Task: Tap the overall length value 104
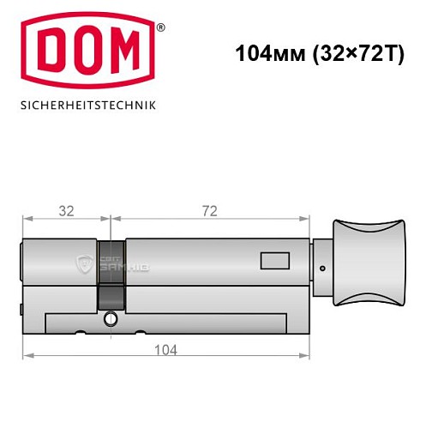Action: (x=165, y=350)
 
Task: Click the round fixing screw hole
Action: (x=110, y=319)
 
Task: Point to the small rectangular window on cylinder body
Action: (x=275, y=259)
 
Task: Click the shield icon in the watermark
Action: (x=83, y=263)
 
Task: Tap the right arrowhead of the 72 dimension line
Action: (x=305, y=219)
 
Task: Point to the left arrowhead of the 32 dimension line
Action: (x=26, y=219)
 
